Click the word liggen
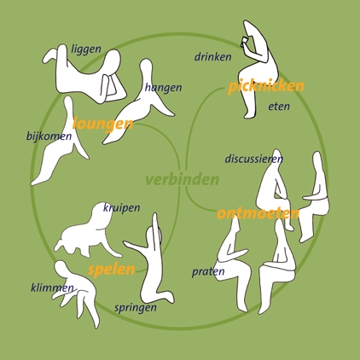tap(86, 49)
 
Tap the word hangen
tap(163, 88)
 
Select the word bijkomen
tap(49, 136)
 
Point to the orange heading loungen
tap(102, 125)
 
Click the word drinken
tap(212, 57)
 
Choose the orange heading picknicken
tap(266, 86)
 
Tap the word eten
tap(279, 107)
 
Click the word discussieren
tap(254, 159)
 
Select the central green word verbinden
tap(183, 180)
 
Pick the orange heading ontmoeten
tap(258, 213)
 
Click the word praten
tap(208, 272)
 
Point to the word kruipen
tap(121, 208)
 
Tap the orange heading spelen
tap(112, 270)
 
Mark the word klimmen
tap(52, 288)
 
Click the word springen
tap(136, 308)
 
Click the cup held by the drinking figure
tap(244, 42)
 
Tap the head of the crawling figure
tap(101, 215)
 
